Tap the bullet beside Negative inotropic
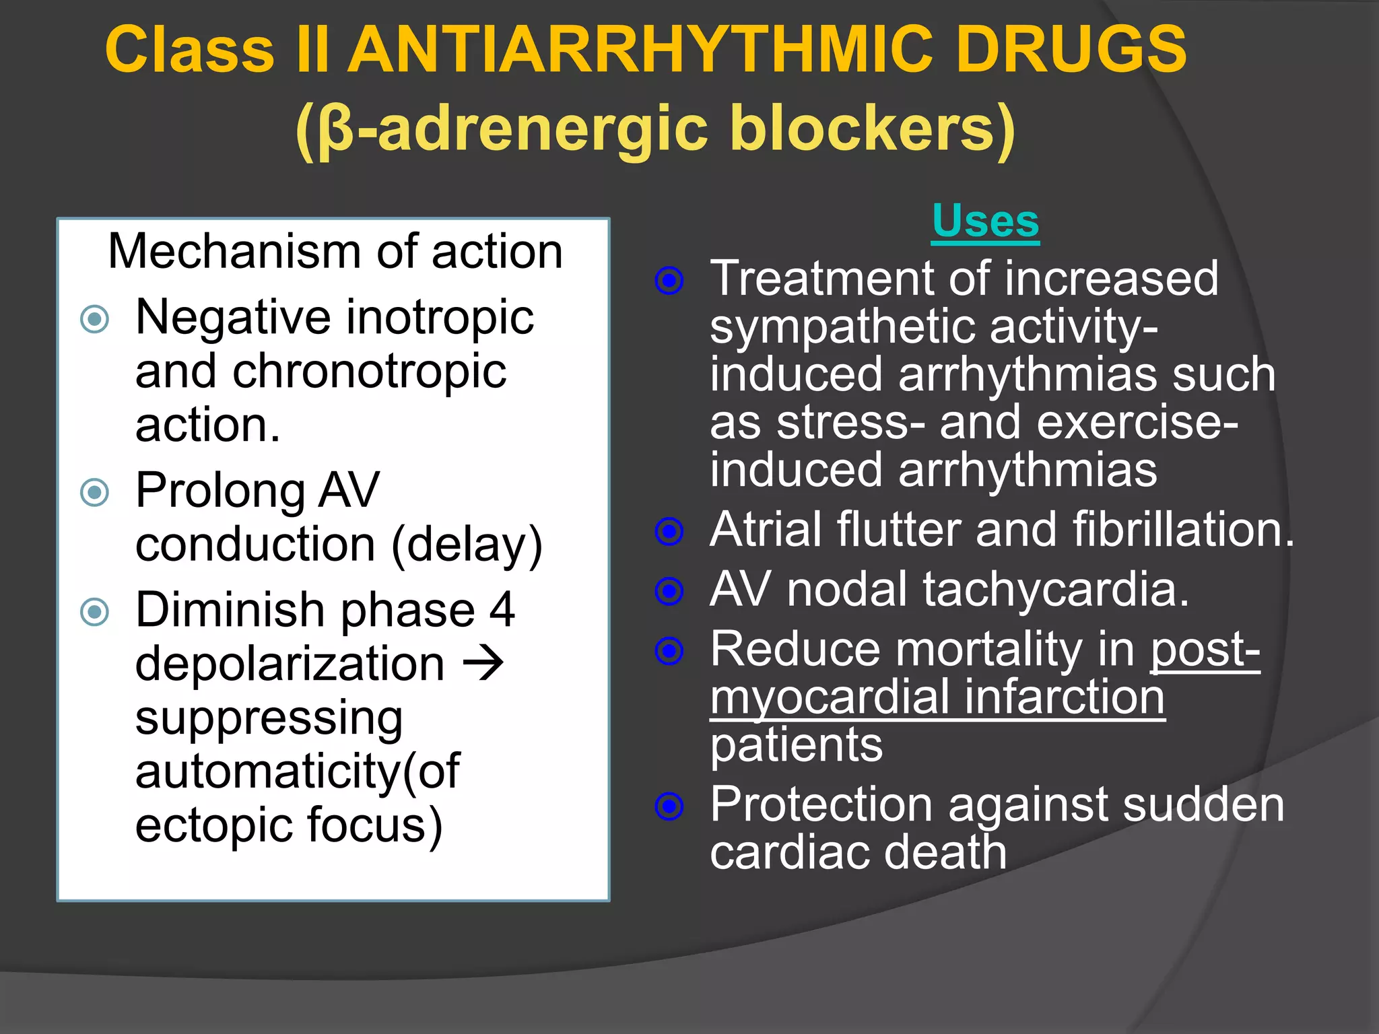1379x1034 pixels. (x=94, y=319)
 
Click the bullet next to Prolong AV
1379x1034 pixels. (x=94, y=492)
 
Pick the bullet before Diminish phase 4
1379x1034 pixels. (x=94, y=612)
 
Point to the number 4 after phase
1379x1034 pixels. (x=502, y=610)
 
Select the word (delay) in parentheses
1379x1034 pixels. (x=467, y=545)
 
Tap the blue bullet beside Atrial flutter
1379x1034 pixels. (x=669, y=532)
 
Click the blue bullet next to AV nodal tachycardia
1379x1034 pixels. (x=669, y=591)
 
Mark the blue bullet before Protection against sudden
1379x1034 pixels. (x=669, y=805)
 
